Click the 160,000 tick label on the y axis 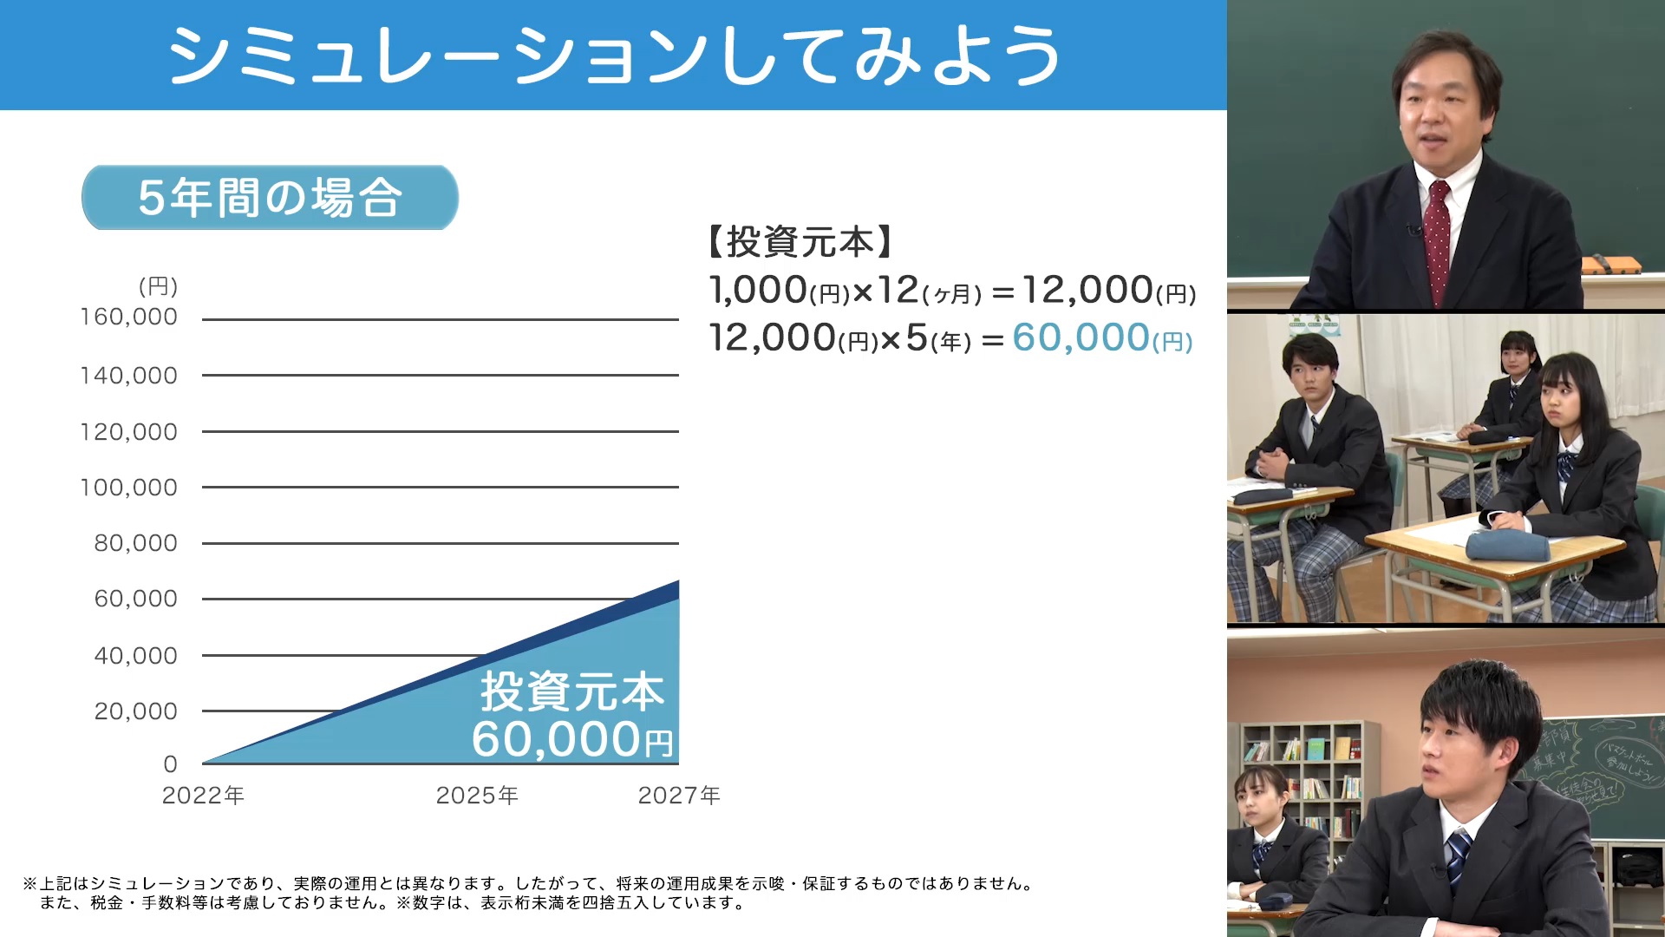[128, 318]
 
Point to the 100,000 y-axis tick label [128, 488]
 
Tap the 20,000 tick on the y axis [135, 711]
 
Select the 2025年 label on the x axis [477, 796]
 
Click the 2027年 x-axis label [679, 796]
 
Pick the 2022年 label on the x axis [203, 796]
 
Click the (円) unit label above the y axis [158, 286]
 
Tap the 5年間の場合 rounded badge [270, 198]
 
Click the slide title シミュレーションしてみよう [614, 56]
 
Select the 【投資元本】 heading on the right [800, 242]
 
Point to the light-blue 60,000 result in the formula [1081, 337]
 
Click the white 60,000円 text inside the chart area [572, 740]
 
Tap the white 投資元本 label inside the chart [572, 692]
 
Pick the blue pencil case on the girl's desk [1507, 546]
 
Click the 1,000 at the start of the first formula [758, 290]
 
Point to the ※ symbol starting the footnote [30, 884]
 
